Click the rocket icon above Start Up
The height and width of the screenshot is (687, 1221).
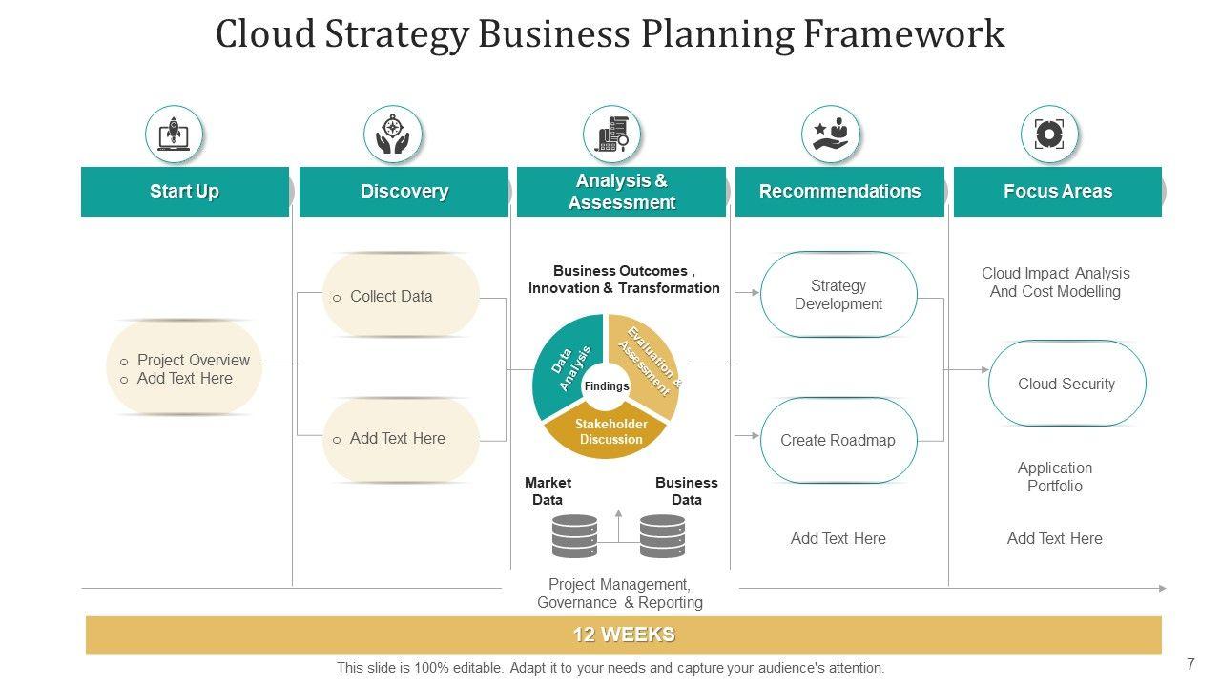174,135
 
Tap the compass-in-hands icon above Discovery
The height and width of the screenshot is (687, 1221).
392,135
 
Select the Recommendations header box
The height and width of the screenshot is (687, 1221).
839,192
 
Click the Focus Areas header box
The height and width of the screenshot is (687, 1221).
1057,192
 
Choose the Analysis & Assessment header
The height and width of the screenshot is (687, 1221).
621,192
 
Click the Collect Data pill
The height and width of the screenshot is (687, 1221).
401,296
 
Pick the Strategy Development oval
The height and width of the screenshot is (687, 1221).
838,295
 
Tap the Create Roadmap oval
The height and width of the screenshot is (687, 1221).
838,440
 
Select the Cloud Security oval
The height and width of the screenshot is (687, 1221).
1066,384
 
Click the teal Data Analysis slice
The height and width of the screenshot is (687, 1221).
566,363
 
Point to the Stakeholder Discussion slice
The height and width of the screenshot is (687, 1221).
610,433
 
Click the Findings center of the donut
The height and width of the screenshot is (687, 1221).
607,386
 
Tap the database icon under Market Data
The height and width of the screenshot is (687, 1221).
574,536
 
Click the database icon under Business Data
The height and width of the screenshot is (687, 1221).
662,536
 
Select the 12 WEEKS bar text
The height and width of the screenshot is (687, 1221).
624,635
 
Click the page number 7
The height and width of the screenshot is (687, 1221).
1190,665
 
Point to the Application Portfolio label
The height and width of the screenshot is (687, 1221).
1054,477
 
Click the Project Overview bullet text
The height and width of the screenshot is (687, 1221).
193,360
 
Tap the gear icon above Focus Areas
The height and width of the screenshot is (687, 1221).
1048,135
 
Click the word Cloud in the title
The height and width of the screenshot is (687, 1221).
266,34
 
